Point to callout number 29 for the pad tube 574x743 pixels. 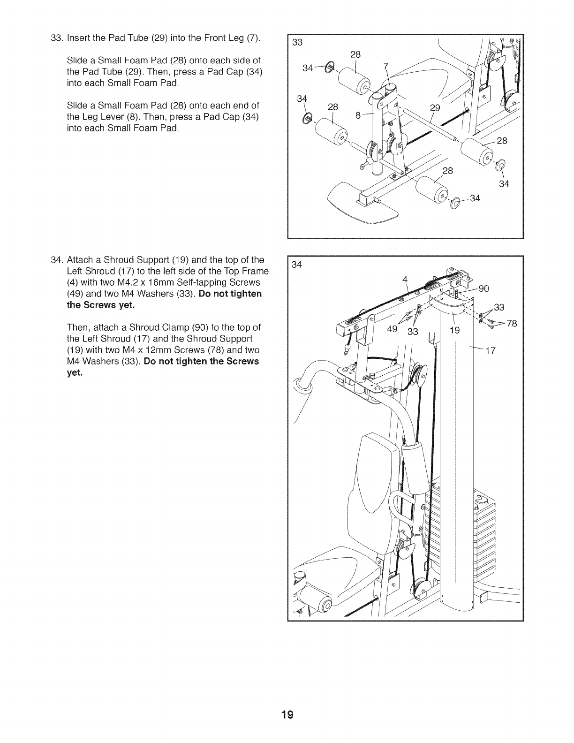point(435,108)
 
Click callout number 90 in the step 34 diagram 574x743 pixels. point(484,289)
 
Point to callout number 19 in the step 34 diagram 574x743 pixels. point(455,330)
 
